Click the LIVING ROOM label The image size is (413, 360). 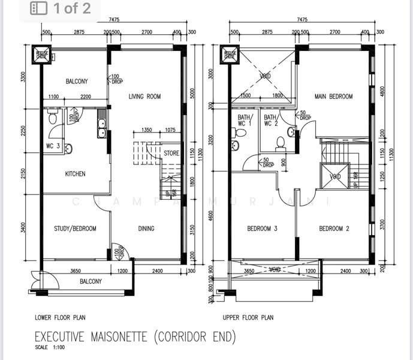(145, 97)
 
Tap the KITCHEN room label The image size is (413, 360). (75, 174)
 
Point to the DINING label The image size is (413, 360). (146, 229)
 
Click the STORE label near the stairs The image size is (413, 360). (171, 154)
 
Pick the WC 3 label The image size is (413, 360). (52, 146)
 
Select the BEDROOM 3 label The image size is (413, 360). (263, 229)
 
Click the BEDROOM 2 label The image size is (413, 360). (334, 229)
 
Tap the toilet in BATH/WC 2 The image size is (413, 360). (279, 143)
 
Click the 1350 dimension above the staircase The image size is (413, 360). (146, 130)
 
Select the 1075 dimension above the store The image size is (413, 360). (170, 130)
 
